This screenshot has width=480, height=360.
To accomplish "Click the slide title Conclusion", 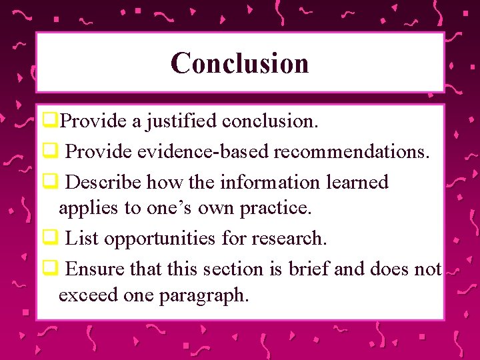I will click(239, 63).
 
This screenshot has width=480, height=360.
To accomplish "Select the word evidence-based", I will click(203, 151).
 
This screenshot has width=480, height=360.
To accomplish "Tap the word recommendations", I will click(349, 151).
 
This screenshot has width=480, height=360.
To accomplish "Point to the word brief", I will click(309, 269).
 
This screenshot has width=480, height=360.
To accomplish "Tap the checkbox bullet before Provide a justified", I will click(48, 121).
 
